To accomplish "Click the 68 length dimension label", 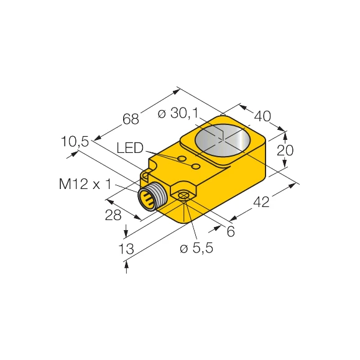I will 131,118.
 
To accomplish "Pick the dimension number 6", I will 231,231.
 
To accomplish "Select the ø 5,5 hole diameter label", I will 197,249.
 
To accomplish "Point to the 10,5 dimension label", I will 75,142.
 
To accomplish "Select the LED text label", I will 130,148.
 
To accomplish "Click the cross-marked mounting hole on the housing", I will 184,197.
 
